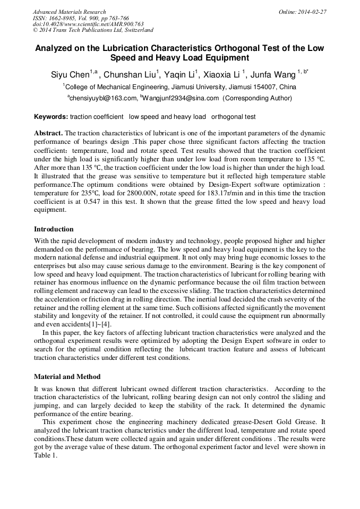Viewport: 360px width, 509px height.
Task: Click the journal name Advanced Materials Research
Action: pos(69,12)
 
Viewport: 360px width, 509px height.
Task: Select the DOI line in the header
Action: pos(88,24)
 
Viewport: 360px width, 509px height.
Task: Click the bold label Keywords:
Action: pos(51,117)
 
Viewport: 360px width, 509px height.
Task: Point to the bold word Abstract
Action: pos(48,133)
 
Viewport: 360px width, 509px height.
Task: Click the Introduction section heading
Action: pos(54,229)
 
